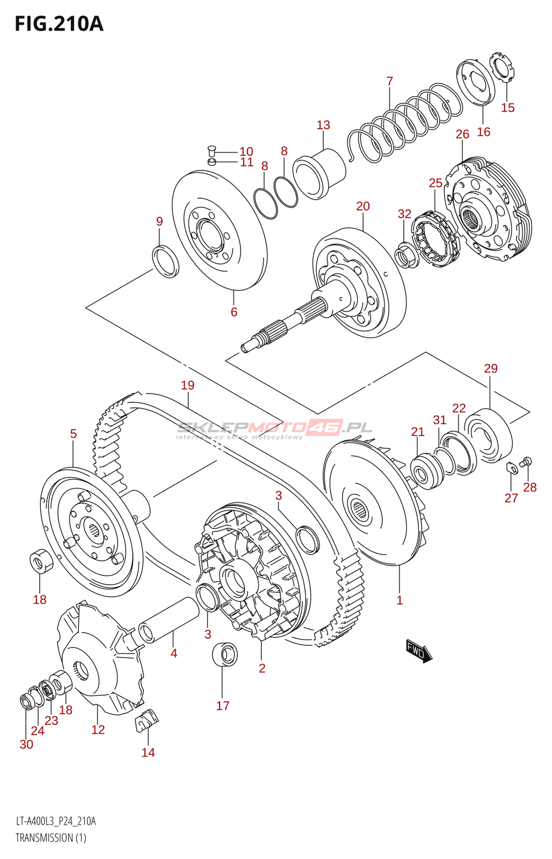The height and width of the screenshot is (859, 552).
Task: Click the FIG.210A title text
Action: click(59, 24)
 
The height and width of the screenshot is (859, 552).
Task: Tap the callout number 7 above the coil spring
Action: click(390, 81)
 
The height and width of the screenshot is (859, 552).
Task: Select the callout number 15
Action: click(507, 108)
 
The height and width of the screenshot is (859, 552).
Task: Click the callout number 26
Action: click(462, 134)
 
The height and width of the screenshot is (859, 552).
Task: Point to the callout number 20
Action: click(363, 206)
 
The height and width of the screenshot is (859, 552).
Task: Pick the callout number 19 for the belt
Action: click(187, 385)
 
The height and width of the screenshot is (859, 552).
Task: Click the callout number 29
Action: click(491, 369)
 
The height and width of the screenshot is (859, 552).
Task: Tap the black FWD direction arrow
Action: click(419, 651)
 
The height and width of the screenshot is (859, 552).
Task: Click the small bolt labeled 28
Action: click(526, 461)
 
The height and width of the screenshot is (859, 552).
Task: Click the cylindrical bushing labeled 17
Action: click(224, 654)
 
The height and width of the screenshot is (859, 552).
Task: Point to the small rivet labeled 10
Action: click(211, 150)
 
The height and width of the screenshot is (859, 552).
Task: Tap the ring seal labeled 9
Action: click(166, 261)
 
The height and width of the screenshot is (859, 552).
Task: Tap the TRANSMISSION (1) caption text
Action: click(51, 838)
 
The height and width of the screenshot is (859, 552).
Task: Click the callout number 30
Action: click(26, 745)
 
